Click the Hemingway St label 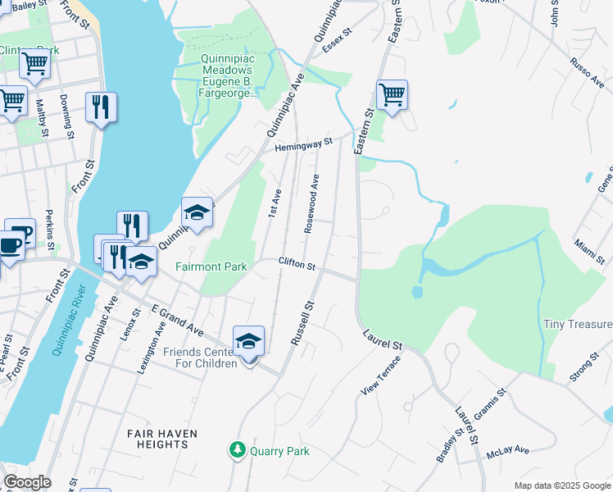303,144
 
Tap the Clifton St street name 297,265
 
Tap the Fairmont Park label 211,266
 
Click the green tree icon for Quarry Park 237,450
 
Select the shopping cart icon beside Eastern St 392,95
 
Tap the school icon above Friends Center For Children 248,342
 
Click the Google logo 27,482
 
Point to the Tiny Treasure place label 577,325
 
